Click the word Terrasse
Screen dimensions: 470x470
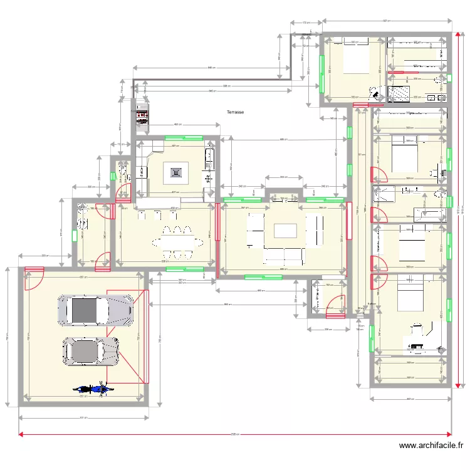236,113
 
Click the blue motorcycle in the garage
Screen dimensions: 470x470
93,389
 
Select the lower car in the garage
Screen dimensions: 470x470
91,352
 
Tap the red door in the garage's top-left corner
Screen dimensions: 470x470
34,279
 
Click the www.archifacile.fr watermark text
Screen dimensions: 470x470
431,446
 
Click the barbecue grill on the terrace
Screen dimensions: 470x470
142,117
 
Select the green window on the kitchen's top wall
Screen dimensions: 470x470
184,137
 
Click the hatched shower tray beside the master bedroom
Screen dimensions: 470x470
398,94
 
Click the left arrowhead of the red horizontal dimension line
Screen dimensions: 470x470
21,434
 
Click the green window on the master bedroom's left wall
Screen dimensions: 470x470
321,74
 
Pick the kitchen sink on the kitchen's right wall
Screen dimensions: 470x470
209,157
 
